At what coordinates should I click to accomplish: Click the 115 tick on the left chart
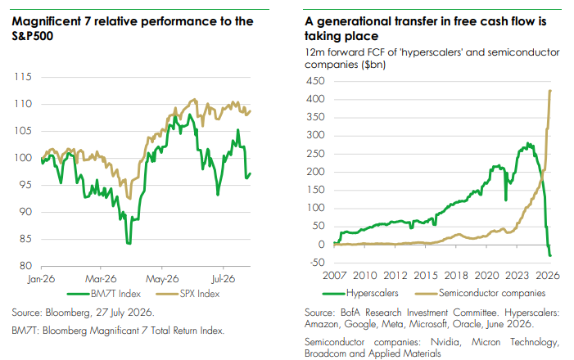(23, 77)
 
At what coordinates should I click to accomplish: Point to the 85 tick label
(25, 239)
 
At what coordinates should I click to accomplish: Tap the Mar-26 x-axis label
(101, 279)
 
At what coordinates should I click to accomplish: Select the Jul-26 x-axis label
(223, 279)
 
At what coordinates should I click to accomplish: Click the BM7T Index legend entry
(104, 294)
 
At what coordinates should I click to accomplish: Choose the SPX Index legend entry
(188, 294)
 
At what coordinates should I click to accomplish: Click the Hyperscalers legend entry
(360, 293)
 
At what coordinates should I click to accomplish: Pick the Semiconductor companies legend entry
(481, 293)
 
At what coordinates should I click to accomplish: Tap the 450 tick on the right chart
(315, 81)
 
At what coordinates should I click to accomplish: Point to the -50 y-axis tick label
(316, 263)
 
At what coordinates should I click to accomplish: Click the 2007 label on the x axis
(334, 276)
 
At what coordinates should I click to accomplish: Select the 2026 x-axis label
(548, 276)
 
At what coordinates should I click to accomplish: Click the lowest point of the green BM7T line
(129, 243)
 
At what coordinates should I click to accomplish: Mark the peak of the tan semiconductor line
(550, 91)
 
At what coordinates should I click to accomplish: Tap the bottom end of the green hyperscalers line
(550, 255)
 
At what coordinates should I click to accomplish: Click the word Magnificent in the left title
(47, 21)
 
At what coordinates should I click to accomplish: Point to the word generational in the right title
(355, 21)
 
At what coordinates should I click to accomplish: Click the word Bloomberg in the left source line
(68, 313)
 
